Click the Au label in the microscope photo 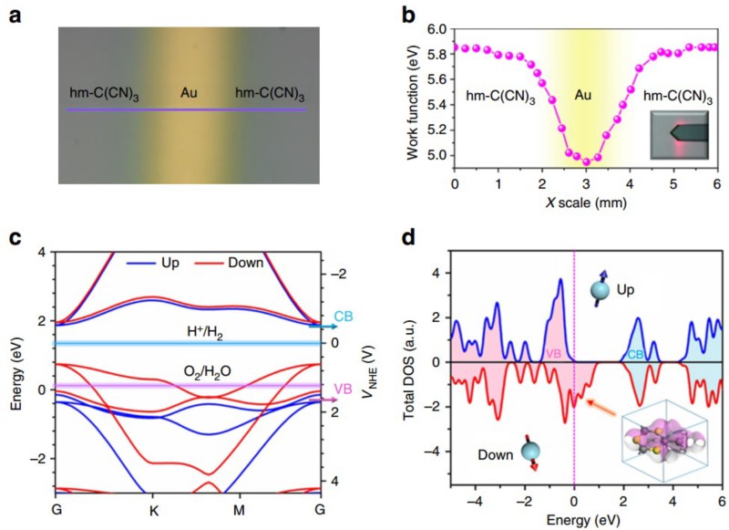click(x=188, y=93)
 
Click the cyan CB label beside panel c click(x=345, y=317)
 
